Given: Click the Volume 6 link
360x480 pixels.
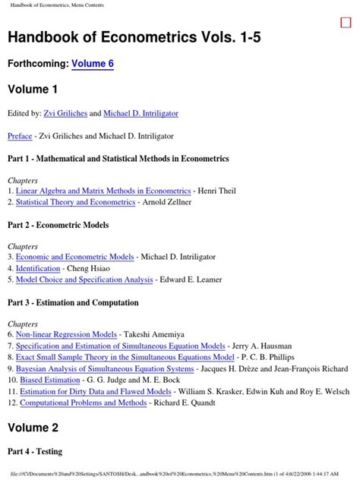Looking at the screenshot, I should (x=93, y=65).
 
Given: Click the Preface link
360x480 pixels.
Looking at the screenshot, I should (x=20, y=136).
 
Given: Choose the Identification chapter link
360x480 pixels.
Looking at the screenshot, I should (x=38, y=269).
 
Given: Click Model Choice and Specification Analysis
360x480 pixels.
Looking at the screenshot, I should (x=84, y=279).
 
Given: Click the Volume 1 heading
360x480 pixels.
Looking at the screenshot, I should (x=33, y=90).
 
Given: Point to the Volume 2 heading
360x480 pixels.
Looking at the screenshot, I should (x=33, y=428).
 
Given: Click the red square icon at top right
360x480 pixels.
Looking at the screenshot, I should (x=346, y=23).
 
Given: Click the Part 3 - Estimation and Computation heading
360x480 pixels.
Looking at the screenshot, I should (x=73, y=302).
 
